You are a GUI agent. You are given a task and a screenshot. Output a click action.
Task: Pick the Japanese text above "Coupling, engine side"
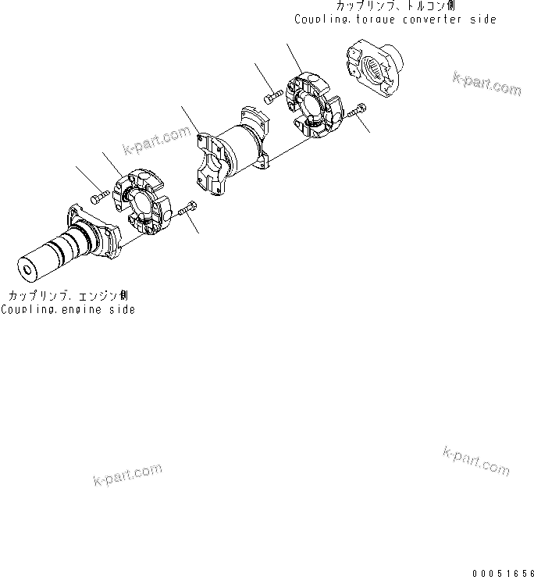point(68,297)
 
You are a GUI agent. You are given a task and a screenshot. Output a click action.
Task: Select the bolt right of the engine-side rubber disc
point(187,209)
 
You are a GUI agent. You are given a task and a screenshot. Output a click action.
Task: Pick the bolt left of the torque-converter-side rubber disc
point(273,96)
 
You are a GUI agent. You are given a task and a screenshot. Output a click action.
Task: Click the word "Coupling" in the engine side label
point(24,310)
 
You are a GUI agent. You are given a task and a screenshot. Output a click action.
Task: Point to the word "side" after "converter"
point(482,20)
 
